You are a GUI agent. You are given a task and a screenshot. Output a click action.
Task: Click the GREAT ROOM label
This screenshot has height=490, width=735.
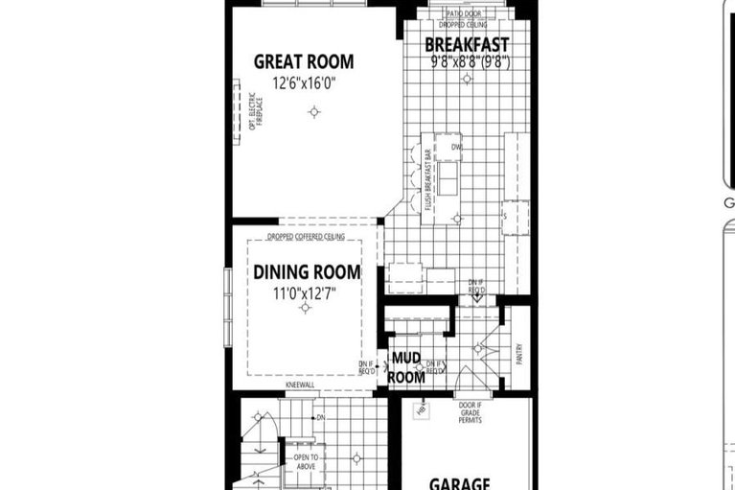pyautogui.click(x=303, y=62)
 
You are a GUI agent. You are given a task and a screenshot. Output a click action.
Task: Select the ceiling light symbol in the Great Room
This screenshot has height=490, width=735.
pyautogui.click(x=313, y=113)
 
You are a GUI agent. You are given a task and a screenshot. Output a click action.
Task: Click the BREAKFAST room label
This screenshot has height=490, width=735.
pyautogui.click(x=467, y=45)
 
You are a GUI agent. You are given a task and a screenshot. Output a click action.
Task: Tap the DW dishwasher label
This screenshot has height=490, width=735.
pyautogui.click(x=457, y=148)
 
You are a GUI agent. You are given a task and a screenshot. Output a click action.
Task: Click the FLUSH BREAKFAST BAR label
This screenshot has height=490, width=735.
pyautogui.click(x=427, y=181)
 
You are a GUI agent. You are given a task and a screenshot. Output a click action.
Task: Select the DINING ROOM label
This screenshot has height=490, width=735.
pyautogui.click(x=307, y=272)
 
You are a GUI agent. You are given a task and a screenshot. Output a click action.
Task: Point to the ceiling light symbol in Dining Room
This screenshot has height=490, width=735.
pyautogui.click(x=305, y=308)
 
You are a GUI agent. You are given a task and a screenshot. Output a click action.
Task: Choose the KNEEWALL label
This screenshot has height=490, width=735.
pyautogui.click(x=299, y=386)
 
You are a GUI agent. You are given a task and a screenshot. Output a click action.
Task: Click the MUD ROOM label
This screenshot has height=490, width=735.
pyautogui.click(x=408, y=367)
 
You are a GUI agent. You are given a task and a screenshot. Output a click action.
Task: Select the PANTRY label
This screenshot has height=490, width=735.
pyautogui.click(x=517, y=354)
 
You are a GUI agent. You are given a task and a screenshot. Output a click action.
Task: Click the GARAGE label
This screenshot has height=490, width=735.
pyautogui.click(x=460, y=483)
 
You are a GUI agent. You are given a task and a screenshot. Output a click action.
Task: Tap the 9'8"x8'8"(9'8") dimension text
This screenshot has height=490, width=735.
pyautogui.click(x=469, y=61)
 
